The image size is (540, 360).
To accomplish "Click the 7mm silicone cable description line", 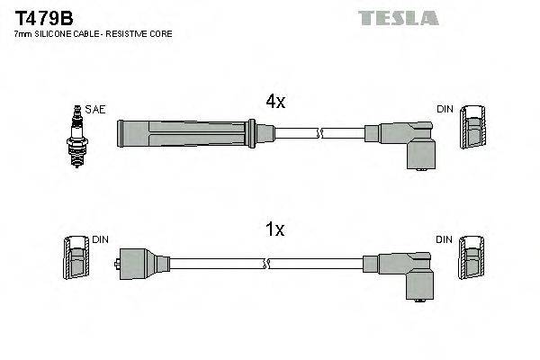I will [94, 34].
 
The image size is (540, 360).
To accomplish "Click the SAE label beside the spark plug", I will [96, 109].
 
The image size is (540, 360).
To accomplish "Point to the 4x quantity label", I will [275, 103].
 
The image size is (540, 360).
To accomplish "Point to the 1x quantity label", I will [275, 230].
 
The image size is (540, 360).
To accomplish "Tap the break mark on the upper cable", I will [319, 133].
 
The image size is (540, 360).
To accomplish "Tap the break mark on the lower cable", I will [265, 264].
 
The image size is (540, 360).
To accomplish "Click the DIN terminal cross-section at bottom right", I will [472, 261].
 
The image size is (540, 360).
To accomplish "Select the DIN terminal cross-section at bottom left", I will [76, 261].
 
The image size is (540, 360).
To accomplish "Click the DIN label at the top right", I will [445, 109].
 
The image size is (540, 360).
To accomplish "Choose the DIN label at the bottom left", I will [99, 239].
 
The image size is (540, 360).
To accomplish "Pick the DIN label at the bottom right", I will [445, 239].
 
